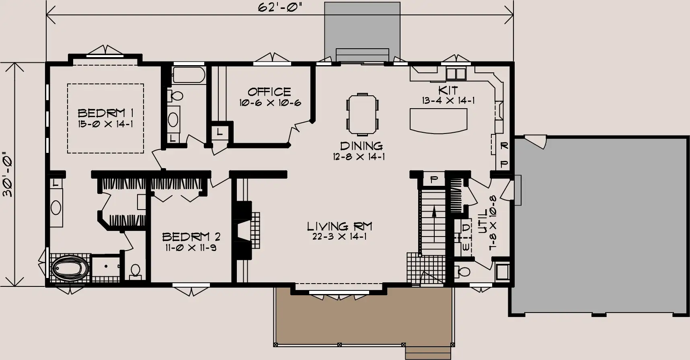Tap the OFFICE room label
coord(269,92)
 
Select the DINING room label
coord(361,146)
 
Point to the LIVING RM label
coord(339,226)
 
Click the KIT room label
coord(448,90)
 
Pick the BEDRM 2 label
coord(191,237)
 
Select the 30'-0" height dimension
coord(8,174)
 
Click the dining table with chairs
coord(362,114)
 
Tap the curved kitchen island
coord(438,119)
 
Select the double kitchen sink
coord(456,74)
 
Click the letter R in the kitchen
coord(504,146)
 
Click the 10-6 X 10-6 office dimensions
coord(270,103)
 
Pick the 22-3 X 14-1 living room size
coord(339,237)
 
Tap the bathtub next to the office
coord(188,75)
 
